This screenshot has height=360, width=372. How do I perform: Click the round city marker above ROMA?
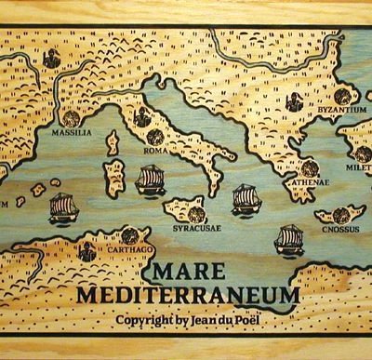tap(153, 137)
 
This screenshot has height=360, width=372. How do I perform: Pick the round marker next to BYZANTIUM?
tap(342, 95)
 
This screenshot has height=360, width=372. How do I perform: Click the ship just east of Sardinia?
tap(150, 180)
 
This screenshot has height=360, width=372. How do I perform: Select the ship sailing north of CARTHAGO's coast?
tap(62, 207)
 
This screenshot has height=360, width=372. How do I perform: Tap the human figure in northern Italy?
tap(140, 117)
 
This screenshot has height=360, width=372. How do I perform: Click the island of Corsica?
tap(113, 143)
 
